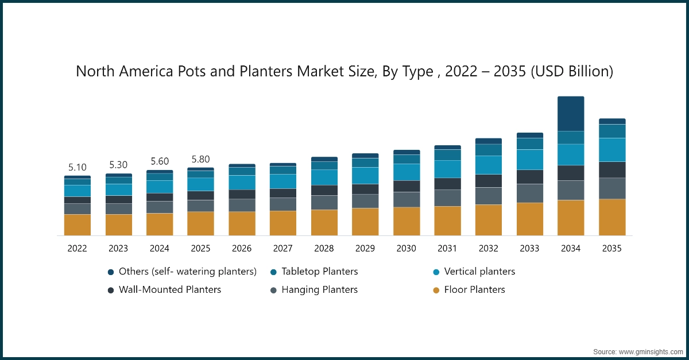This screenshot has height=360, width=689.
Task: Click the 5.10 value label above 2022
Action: (x=77, y=168)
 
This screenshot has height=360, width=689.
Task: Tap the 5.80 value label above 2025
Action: (x=200, y=159)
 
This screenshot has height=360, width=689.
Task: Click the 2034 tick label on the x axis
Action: (x=570, y=249)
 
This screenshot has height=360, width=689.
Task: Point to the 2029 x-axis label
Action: (x=365, y=249)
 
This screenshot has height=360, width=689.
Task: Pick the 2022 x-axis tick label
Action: (x=77, y=249)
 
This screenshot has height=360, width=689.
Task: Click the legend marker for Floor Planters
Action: (x=436, y=291)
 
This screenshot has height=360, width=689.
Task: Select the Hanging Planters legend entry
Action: (x=319, y=290)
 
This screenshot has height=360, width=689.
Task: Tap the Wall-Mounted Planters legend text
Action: (x=169, y=290)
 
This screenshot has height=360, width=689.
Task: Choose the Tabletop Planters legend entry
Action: (x=319, y=272)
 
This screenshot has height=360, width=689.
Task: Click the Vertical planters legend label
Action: (x=479, y=272)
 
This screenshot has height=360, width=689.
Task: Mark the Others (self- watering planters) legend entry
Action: (x=187, y=272)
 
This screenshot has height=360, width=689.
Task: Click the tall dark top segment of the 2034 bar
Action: (x=570, y=114)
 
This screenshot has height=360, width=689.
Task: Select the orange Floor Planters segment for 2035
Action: (x=612, y=217)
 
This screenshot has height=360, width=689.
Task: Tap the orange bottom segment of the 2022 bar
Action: (x=77, y=224)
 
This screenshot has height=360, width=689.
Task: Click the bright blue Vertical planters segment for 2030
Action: (x=407, y=172)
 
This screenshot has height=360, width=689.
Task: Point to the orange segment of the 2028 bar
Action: (x=324, y=222)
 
